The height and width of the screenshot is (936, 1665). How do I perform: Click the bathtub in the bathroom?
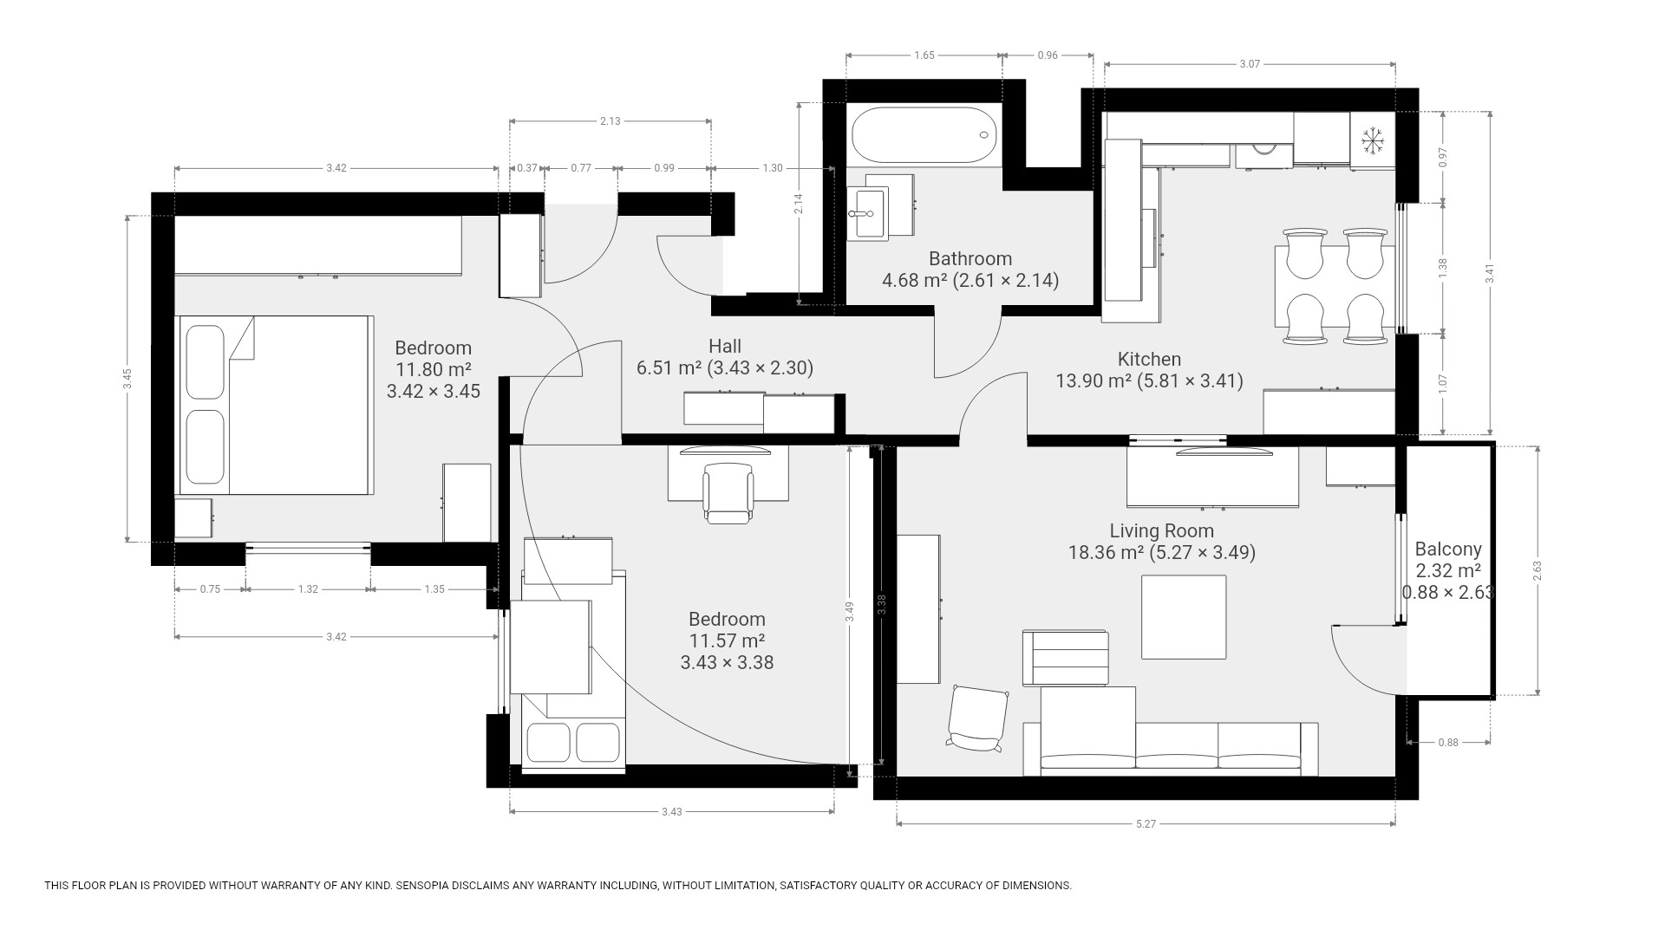click(x=924, y=134)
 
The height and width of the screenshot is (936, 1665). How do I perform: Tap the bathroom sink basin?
click(x=867, y=213)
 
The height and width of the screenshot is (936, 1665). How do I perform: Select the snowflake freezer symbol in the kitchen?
click(x=1371, y=140)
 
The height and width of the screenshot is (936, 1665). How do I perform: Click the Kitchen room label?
click(x=1149, y=359)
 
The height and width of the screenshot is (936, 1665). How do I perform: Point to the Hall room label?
click(x=725, y=346)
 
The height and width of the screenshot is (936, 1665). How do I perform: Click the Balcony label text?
click(x=1448, y=549)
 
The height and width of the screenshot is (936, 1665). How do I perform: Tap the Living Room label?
click(x=1162, y=530)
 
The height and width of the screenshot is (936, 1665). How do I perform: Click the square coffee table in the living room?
click(x=1184, y=617)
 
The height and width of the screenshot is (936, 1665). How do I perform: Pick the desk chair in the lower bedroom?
click(x=728, y=493)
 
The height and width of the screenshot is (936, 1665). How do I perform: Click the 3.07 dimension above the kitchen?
click(x=1250, y=64)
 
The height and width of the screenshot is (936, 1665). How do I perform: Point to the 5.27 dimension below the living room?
click(x=1146, y=824)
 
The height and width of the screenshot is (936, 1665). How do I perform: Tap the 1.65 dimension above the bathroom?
click(x=924, y=55)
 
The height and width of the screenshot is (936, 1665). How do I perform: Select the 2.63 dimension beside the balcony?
click(x=1538, y=570)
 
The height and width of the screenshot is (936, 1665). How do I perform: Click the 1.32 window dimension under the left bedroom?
click(x=308, y=589)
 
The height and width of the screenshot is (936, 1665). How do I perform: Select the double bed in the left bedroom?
click(x=275, y=406)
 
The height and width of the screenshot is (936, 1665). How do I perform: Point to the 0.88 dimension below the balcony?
click(x=1448, y=742)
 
